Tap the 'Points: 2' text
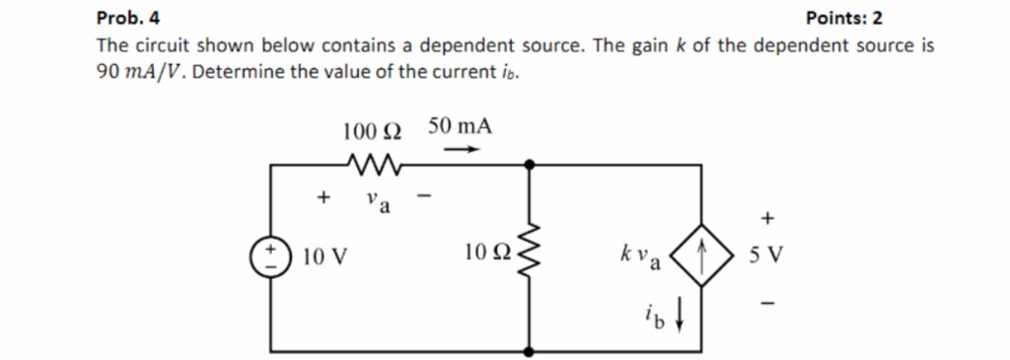coord(844,18)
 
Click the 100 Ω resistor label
coord(372,129)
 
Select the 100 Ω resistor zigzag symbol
coord(373,163)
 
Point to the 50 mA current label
coord(461,127)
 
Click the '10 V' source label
coord(324,258)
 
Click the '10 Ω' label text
coord(486,255)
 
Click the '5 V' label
coord(765,257)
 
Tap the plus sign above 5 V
coord(766,216)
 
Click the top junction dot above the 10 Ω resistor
coord(531,167)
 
